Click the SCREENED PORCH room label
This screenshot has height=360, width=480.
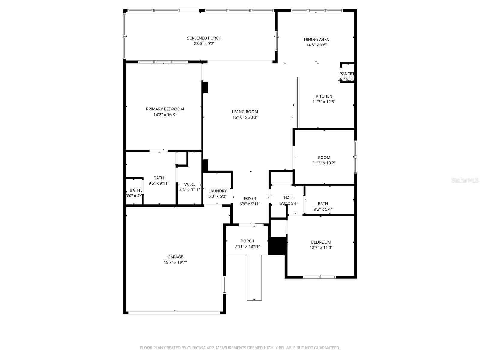204,38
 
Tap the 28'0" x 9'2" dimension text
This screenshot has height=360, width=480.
204,43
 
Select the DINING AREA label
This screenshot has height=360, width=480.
316,39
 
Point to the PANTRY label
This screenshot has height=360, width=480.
347,74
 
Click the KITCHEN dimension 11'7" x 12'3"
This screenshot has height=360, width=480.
324,102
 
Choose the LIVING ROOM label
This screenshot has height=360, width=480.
245,112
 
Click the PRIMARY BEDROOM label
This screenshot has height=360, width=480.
165,109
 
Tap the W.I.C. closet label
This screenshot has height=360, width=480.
189,184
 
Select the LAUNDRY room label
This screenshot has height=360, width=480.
217,191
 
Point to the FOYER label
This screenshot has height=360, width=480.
250,199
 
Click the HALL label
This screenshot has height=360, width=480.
289,198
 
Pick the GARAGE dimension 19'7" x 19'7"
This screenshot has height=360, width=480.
175,262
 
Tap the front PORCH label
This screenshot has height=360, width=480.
247,241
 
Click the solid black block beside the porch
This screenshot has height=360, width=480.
277,246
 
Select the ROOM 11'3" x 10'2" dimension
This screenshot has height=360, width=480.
324,163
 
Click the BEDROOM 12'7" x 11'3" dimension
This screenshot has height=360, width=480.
321,248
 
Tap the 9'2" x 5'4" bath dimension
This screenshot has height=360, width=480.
323,209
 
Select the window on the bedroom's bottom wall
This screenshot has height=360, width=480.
319,277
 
